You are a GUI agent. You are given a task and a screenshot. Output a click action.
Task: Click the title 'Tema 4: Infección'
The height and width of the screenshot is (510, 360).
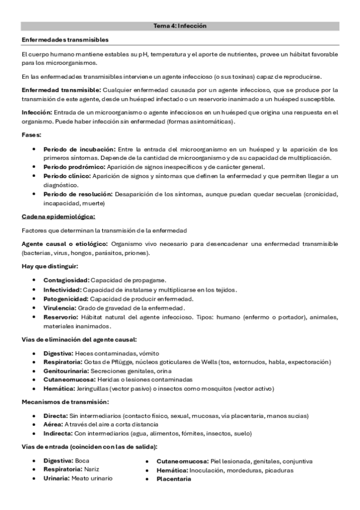coord(180,26)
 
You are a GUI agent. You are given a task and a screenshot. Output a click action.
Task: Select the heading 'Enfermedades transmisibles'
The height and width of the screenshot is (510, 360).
coord(65,40)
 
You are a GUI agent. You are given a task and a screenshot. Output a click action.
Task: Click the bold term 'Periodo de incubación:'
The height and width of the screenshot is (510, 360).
coord(79,149)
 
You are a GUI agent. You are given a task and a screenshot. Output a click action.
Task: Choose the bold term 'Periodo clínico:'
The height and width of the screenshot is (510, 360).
coord(67,176)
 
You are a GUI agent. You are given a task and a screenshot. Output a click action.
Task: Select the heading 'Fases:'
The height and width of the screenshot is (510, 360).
coord(31,135)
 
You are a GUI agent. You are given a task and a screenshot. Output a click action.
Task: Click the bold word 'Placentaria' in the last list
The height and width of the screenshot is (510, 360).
coord(174,479)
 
